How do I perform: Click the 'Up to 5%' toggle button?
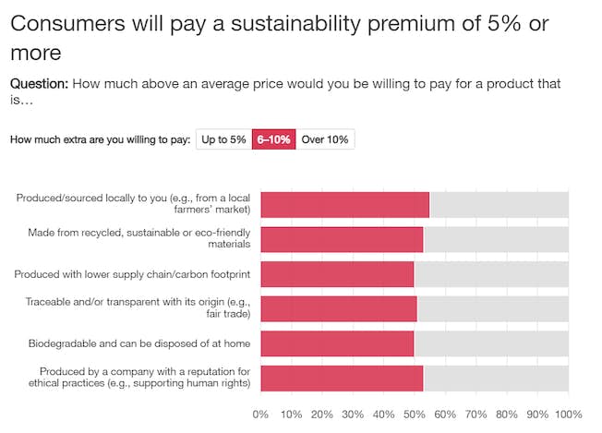(x=223, y=139)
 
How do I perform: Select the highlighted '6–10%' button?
(x=273, y=139)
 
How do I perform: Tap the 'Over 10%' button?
(x=325, y=139)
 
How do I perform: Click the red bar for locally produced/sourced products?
(x=344, y=204)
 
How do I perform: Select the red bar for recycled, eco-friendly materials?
(x=342, y=239)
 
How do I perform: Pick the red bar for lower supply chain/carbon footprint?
(x=337, y=274)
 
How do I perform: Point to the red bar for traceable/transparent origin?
(x=339, y=308)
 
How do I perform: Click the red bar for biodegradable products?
(x=337, y=343)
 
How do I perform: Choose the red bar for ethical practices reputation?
(x=342, y=379)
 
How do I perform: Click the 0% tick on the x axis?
(x=260, y=414)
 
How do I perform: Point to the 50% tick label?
(x=415, y=414)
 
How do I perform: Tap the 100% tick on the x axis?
(x=567, y=414)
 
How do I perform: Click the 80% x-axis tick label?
(x=507, y=414)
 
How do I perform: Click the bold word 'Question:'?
(x=39, y=84)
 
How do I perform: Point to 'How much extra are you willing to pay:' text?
(x=101, y=139)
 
